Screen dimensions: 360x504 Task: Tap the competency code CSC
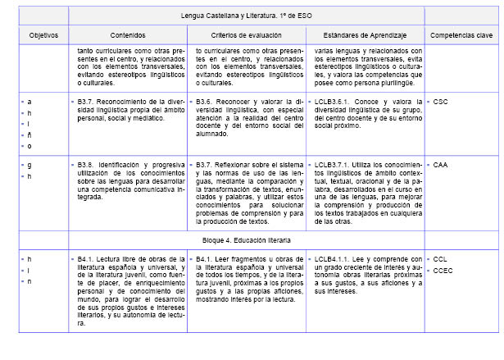[440, 101]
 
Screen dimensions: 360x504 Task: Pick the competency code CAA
[440, 165]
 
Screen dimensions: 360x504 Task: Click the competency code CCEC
[443, 270]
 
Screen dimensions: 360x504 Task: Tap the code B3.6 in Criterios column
[206, 101]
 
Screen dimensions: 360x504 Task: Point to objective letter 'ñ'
[30, 134]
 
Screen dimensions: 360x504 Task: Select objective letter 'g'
[30, 165]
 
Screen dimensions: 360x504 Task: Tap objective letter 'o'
[30, 146]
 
